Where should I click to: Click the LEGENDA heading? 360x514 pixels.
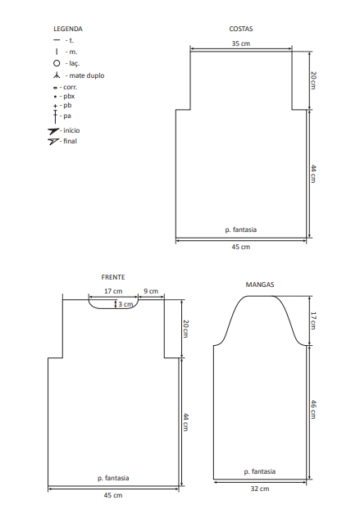(68, 29)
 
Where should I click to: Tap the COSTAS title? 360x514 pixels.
(241, 29)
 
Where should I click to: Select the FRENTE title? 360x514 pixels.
(113, 277)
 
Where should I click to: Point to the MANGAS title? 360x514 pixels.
(260, 284)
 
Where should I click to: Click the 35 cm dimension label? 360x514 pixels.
(241, 43)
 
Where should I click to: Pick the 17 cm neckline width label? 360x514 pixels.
(113, 291)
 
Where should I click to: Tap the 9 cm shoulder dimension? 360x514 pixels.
(151, 291)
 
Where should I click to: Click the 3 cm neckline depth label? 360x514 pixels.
(125, 304)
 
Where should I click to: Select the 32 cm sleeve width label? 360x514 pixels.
(260, 489)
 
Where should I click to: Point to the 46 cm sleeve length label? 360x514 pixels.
(313, 409)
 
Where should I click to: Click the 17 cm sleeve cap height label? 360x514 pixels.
(313, 321)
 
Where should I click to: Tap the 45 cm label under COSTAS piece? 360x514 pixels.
(241, 247)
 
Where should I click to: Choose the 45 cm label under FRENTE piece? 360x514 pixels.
(113, 495)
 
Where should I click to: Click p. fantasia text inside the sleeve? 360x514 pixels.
(260, 471)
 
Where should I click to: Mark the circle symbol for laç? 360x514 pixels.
(57, 63)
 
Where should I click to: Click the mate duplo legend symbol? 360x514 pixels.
(57, 75)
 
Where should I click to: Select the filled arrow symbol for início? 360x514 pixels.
(53, 131)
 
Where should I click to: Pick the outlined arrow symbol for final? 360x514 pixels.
(53, 141)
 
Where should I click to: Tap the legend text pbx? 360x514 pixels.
(69, 97)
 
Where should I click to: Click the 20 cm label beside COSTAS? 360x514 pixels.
(313, 80)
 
